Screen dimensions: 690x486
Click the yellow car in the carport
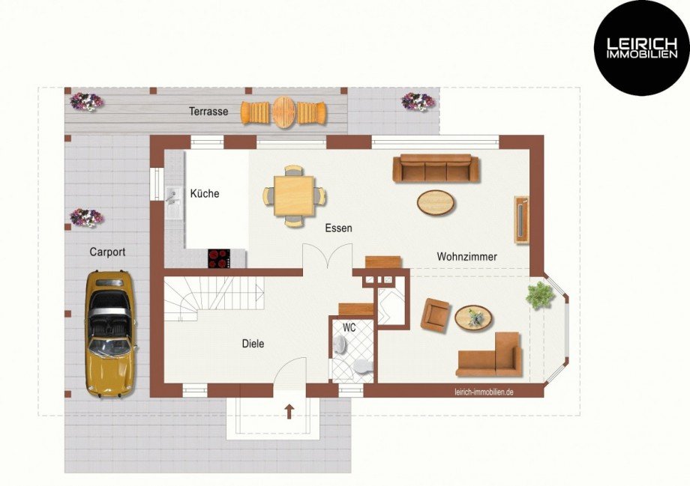110,334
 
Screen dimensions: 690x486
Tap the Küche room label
205,193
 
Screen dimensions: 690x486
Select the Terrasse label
208,111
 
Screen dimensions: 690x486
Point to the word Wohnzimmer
467,256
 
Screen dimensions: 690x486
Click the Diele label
253,343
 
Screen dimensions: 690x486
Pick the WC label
349,327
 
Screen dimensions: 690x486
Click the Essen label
338,228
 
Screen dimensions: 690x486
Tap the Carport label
107,252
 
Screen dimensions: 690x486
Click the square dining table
294,196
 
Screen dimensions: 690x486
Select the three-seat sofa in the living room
436,168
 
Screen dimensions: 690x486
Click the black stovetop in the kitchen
219,258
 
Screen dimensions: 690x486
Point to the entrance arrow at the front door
289,411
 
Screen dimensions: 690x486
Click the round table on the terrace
283,112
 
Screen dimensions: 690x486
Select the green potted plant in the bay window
540,295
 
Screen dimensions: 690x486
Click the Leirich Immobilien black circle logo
641,47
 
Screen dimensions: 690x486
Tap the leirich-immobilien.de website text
484,392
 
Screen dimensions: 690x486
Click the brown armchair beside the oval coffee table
435,314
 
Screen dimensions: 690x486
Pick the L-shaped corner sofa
489,355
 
